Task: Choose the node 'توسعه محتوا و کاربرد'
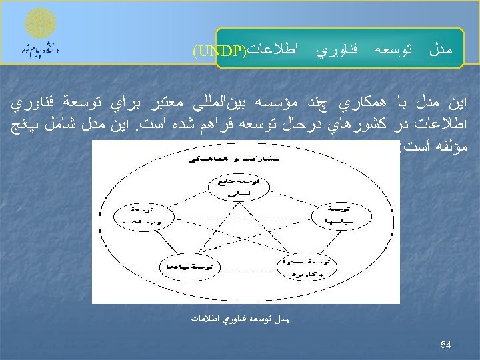307,265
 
